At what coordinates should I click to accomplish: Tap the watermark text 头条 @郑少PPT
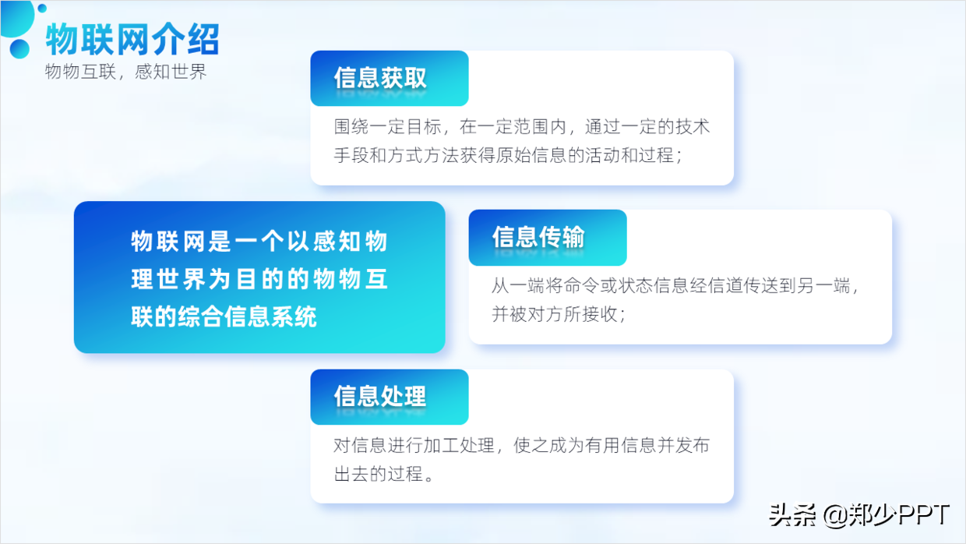coord(859,514)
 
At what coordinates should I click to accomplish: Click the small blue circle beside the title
coord(19,49)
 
